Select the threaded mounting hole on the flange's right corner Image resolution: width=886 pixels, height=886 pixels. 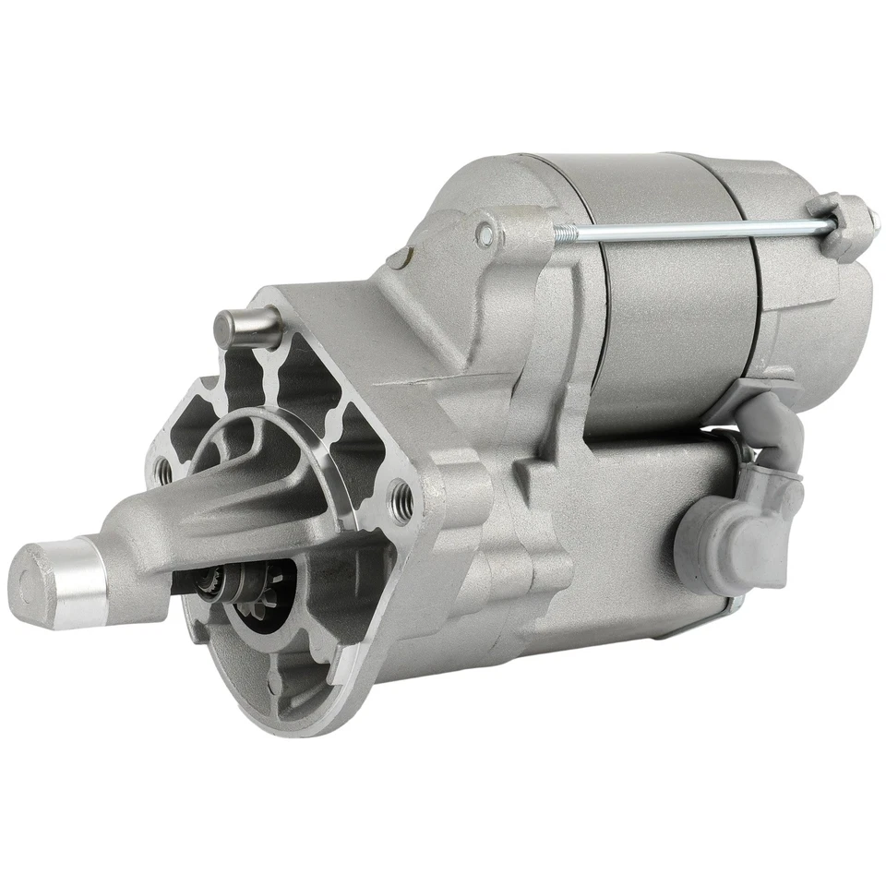(401, 498)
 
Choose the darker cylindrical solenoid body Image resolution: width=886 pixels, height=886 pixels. (664, 305)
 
